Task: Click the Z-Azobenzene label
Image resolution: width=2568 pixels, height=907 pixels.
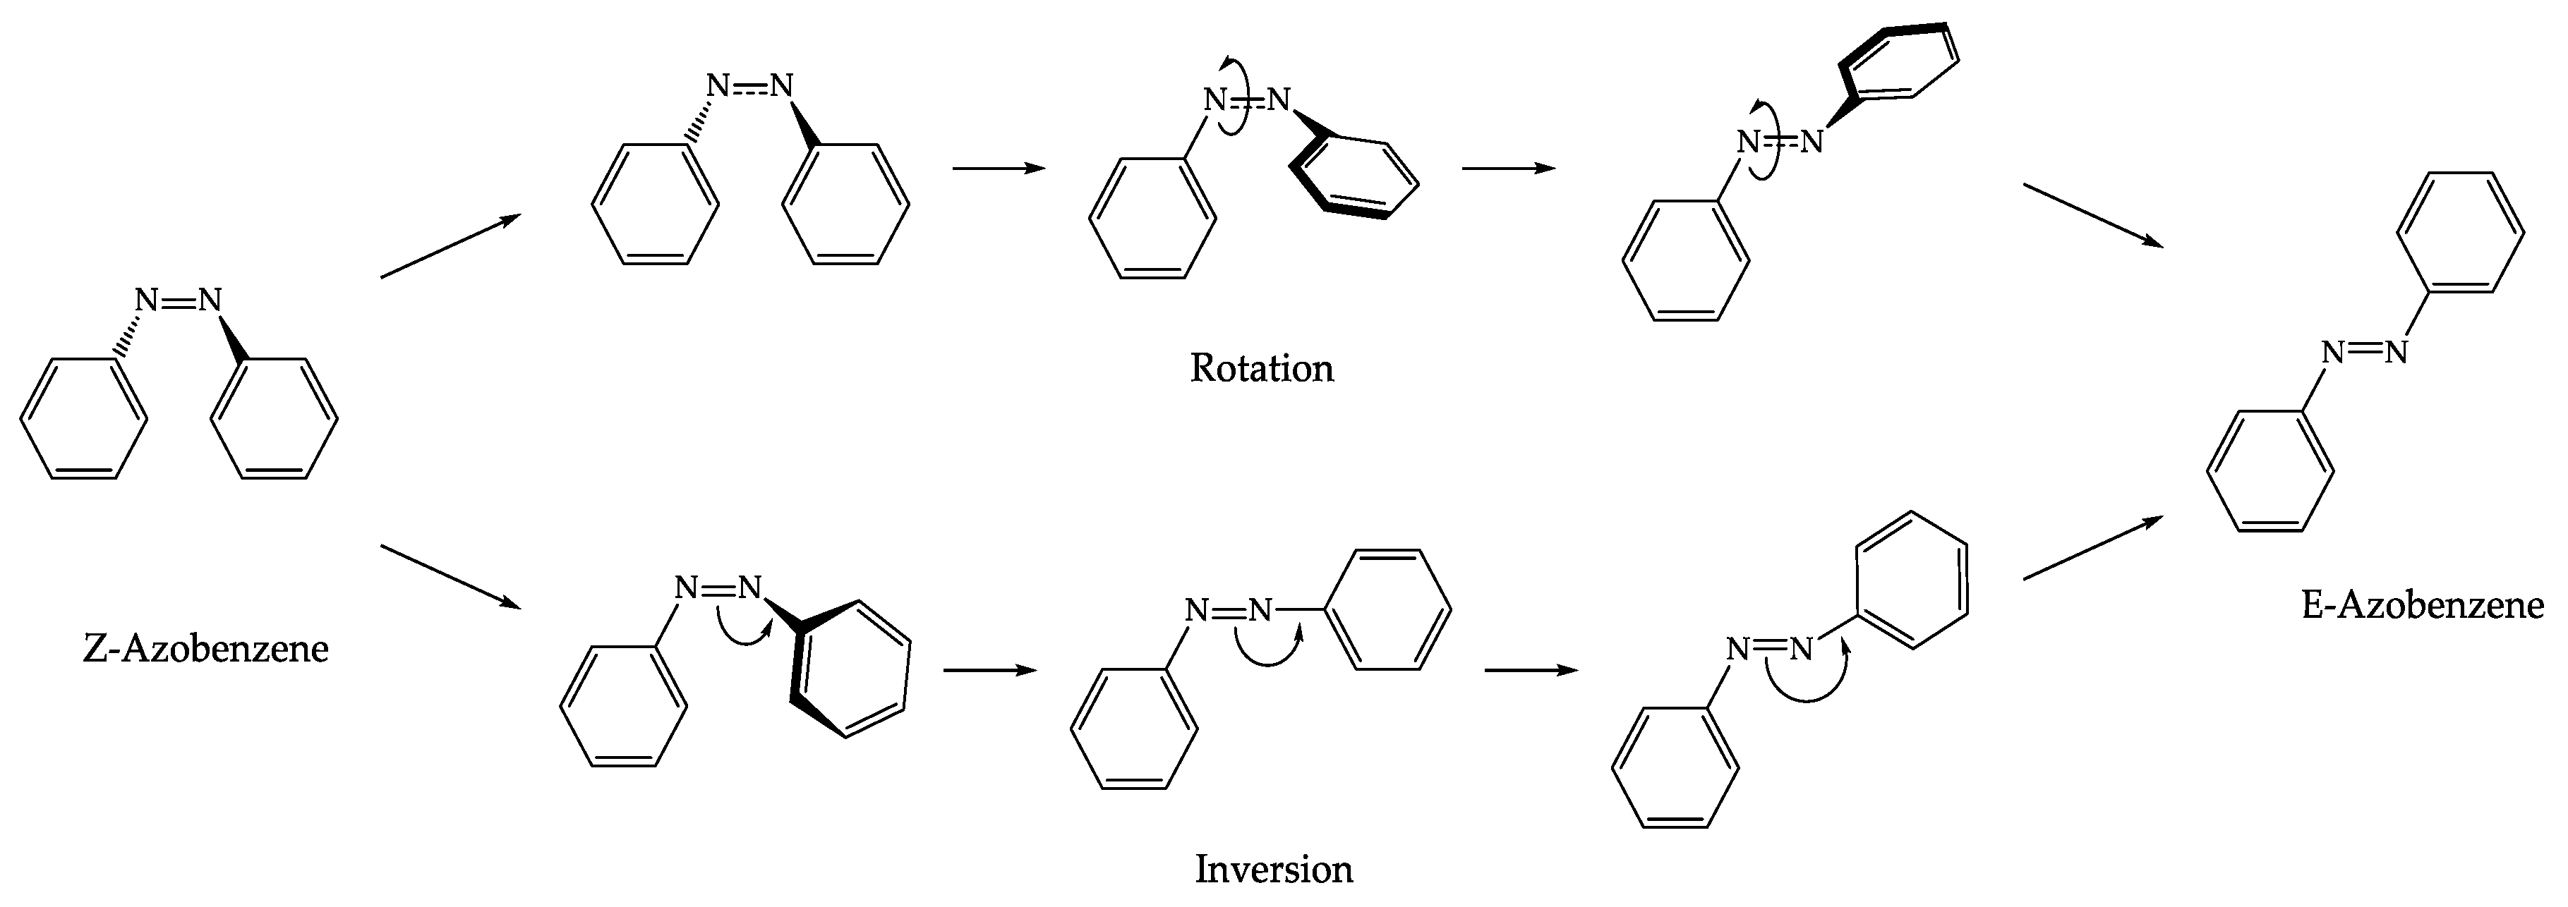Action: point(205,649)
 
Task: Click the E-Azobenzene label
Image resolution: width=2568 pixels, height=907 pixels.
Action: point(2423,605)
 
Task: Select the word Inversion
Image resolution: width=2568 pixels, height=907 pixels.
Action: point(1273,869)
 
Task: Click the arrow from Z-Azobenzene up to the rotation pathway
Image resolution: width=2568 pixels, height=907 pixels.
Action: point(451,246)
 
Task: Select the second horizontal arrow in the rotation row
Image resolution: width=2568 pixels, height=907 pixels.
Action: point(1508,169)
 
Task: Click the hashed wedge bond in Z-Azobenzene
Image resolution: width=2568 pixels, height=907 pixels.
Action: point(126,336)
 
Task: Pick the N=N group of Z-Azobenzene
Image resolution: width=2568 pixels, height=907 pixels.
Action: point(179,300)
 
